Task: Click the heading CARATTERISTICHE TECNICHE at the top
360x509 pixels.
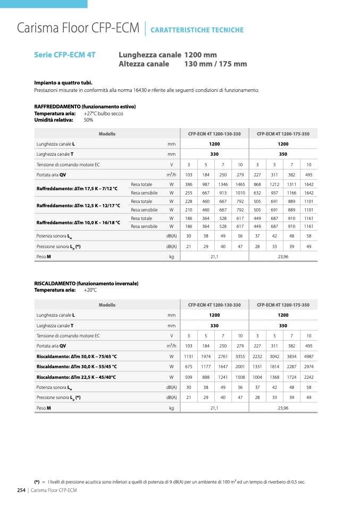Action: [197, 30]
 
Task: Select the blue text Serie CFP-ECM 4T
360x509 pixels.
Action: [65, 55]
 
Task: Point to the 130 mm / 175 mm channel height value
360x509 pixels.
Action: [215, 64]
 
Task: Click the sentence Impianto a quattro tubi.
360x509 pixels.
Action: [63, 82]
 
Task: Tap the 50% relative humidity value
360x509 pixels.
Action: [88, 120]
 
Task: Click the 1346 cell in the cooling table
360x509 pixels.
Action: [223, 184]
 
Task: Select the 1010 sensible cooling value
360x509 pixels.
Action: [240, 193]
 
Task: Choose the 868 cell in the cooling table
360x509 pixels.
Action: [257, 184]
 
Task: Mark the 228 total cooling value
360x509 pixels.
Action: [188, 201]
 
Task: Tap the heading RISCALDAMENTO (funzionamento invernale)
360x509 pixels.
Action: [86, 284]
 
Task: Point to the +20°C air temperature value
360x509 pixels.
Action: [90, 290]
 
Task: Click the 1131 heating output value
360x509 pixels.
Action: [188, 356]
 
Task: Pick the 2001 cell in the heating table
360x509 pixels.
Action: [240, 367]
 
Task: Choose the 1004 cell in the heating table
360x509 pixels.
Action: [257, 377]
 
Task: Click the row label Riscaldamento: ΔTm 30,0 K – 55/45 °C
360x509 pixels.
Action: [77, 367]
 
